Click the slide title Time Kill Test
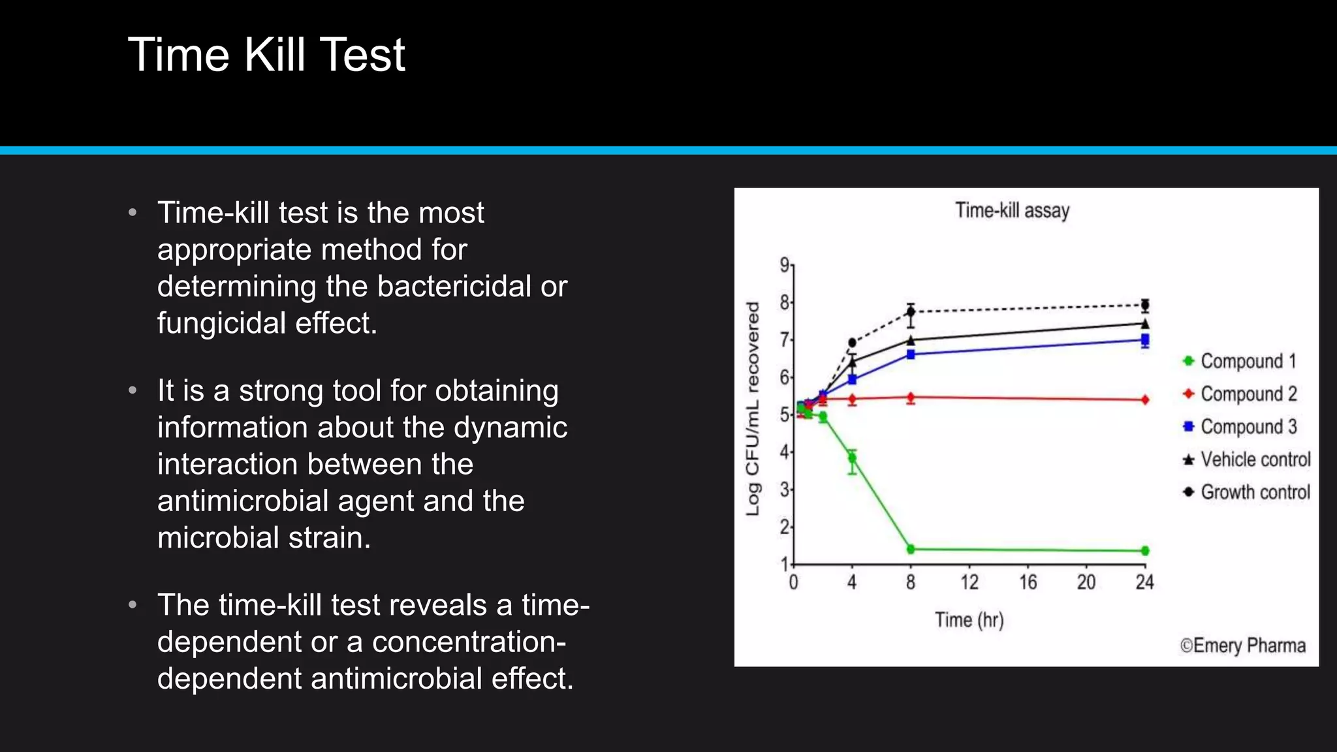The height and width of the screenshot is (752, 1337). tap(266, 55)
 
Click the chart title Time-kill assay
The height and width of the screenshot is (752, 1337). tap(1012, 211)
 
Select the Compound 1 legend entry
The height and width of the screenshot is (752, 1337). tap(1247, 361)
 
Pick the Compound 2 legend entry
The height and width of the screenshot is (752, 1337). tap(1248, 394)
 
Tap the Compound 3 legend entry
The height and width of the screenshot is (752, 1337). tap(1248, 426)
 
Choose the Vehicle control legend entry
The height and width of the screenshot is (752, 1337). tap(1254, 460)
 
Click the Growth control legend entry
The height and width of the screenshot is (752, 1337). tap(1254, 492)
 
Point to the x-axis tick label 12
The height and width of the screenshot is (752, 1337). tap(969, 582)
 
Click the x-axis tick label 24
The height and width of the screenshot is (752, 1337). tap(1144, 582)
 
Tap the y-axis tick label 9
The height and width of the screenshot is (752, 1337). tap(784, 264)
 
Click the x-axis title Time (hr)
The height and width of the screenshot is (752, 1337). tap(969, 619)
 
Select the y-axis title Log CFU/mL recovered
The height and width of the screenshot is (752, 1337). tap(753, 409)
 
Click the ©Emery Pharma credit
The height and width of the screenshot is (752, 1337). tap(1242, 646)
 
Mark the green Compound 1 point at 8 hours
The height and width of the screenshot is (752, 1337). tap(911, 549)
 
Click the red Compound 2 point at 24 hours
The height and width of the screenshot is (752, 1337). tap(1145, 399)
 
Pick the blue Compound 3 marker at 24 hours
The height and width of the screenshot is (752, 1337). tap(1145, 339)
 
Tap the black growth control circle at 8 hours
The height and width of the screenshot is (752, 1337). tap(911, 311)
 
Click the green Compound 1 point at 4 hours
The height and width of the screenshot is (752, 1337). tap(852, 458)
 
